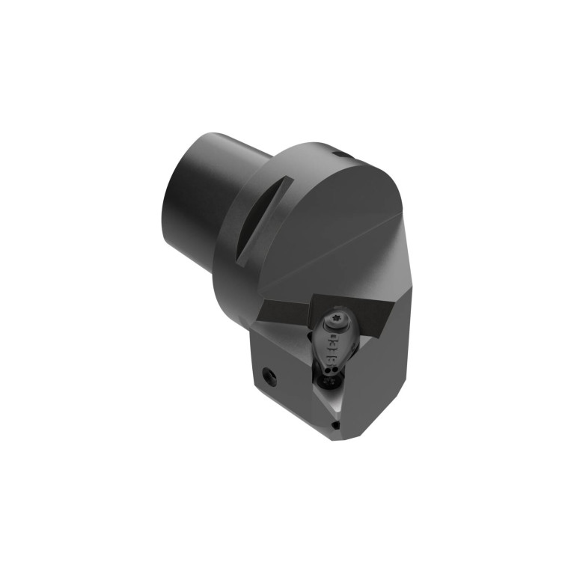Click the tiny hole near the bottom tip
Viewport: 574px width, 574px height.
(335, 424)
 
